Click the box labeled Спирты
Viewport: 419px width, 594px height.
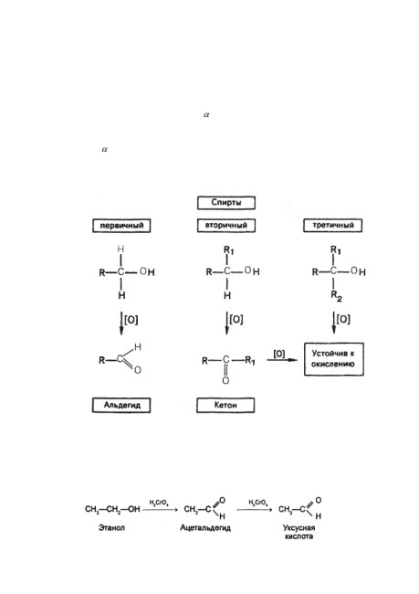click(226, 203)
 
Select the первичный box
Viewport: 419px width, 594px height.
click(121, 226)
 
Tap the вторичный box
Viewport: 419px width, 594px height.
click(226, 226)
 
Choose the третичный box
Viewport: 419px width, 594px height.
click(332, 226)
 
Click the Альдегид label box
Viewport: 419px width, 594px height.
click(121, 405)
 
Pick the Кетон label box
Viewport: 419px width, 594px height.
click(225, 405)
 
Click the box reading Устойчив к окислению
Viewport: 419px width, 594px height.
click(334, 359)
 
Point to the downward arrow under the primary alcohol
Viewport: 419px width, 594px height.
click(121, 324)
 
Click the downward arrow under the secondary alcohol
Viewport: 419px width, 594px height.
click(227, 324)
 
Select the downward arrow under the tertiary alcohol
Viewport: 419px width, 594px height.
click(334, 324)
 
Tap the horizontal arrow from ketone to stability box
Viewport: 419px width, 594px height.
click(282, 359)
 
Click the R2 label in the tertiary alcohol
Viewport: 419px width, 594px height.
click(337, 296)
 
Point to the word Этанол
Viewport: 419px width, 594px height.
click(111, 527)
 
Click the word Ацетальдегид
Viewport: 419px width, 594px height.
click(205, 527)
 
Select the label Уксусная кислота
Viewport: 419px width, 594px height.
click(299, 532)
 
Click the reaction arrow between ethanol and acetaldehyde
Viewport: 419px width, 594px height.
click(160, 510)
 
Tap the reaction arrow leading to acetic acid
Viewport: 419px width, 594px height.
click(255, 510)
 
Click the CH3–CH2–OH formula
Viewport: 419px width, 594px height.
click(112, 509)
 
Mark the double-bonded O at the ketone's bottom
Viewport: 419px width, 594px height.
click(225, 380)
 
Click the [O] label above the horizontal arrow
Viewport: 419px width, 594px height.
click(279, 354)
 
